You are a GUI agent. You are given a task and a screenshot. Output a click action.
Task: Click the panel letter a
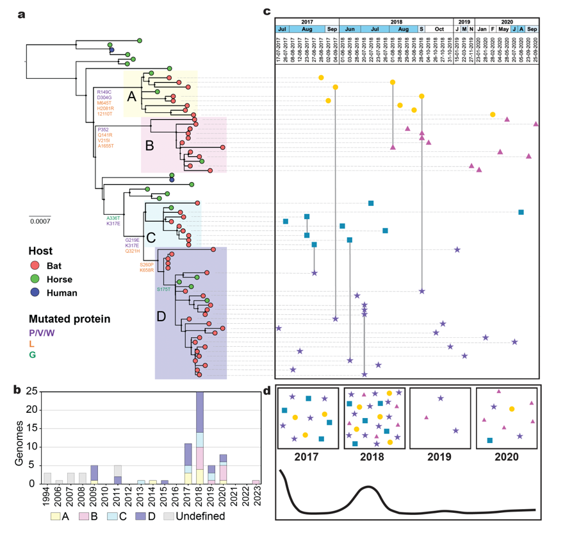[x=22, y=15]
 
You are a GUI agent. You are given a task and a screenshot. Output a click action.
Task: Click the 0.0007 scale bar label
[x=40, y=221]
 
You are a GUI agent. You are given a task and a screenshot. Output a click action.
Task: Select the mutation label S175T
[x=165, y=290]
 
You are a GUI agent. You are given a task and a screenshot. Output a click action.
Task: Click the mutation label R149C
[x=104, y=92]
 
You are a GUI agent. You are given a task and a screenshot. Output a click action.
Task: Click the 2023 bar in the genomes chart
[x=256, y=481]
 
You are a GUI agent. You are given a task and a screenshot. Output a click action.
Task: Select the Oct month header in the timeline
[x=439, y=29]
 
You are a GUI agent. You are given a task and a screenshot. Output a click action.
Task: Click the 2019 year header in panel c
[x=463, y=22]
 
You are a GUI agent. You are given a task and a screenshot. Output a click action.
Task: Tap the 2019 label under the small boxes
[x=439, y=458]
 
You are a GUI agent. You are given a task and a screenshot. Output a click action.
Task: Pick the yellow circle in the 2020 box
[x=511, y=408]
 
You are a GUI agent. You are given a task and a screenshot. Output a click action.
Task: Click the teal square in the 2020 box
[x=490, y=440]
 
